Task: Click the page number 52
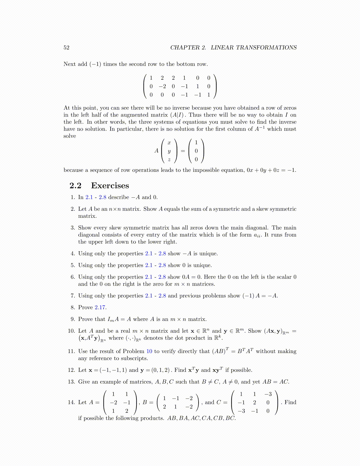click(66, 48)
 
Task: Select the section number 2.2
click(75, 186)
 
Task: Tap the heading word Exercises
click(110, 186)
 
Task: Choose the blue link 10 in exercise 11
click(149, 351)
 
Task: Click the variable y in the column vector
click(169, 151)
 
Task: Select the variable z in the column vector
click(169, 160)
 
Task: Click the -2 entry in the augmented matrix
click(162, 86)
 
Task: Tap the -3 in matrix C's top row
click(268, 394)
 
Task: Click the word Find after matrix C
click(290, 402)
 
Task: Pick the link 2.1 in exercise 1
click(89, 197)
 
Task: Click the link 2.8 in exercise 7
click(162, 296)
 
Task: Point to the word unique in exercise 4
click(209, 254)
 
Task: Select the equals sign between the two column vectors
click(183, 151)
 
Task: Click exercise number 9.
click(73, 319)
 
